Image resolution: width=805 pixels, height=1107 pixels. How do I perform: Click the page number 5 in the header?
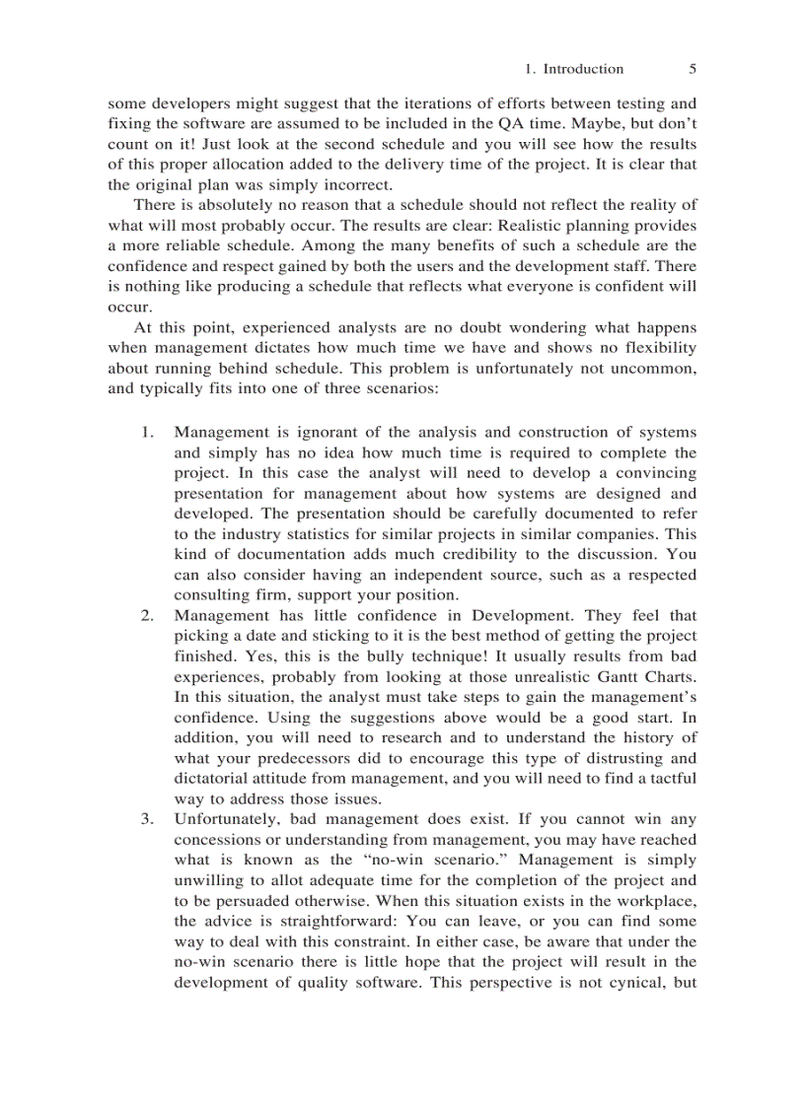click(692, 69)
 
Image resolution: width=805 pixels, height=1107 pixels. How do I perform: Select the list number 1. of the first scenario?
click(147, 432)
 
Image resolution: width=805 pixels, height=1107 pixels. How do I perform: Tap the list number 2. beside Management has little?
click(147, 615)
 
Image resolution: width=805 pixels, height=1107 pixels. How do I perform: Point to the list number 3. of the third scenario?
click(147, 819)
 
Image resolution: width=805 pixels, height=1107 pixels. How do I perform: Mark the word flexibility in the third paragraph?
click(652, 348)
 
